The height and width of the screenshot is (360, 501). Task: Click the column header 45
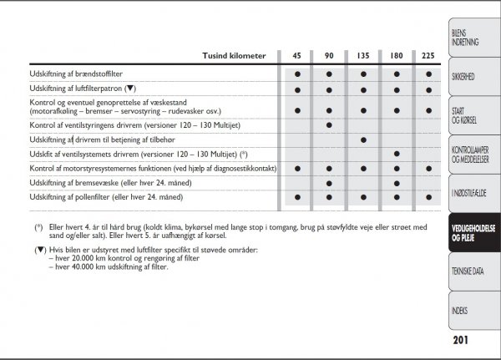pyautogui.click(x=296, y=56)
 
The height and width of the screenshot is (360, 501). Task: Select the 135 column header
pyautogui.click(x=362, y=56)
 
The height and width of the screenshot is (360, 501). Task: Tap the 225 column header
pyautogui.click(x=428, y=56)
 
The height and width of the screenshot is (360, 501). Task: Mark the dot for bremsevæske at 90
pyautogui.click(x=330, y=182)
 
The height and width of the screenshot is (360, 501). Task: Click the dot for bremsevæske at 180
pyautogui.click(x=396, y=182)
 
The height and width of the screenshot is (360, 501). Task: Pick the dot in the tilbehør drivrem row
pyautogui.click(x=362, y=139)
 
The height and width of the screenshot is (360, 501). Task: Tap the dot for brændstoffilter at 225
pyautogui.click(x=428, y=74)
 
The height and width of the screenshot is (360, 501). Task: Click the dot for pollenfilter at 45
pyautogui.click(x=296, y=197)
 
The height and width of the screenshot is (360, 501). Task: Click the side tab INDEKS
pyautogui.click(x=459, y=311)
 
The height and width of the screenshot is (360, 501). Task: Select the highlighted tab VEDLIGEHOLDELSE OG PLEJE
pyautogui.click(x=472, y=233)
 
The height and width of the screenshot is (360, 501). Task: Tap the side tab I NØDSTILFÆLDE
pyautogui.click(x=468, y=193)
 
